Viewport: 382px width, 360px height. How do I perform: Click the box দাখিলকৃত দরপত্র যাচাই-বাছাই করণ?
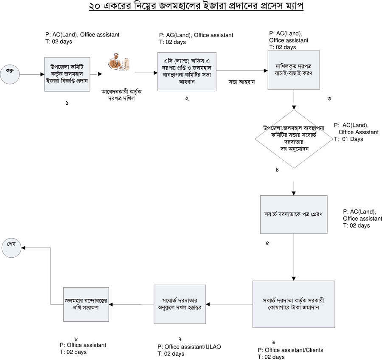(x=294, y=70)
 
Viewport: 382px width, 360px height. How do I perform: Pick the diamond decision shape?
(x=294, y=137)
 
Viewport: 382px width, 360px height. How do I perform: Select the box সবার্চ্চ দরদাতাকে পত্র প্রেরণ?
(x=294, y=214)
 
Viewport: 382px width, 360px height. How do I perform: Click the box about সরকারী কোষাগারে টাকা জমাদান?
(x=294, y=304)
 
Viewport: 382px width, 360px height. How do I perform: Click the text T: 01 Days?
(x=348, y=139)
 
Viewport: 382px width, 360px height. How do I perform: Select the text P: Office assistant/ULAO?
(x=189, y=347)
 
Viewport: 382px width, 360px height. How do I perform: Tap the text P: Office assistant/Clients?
(x=291, y=350)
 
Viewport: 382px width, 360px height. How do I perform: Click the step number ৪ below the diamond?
(x=277, y=170)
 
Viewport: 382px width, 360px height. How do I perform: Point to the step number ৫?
(x=267, y=244)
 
